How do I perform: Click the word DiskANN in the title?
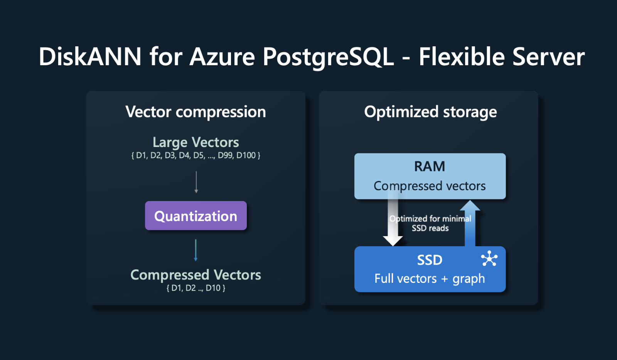[x=90, y=57]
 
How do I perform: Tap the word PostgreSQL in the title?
[x=328, y=57]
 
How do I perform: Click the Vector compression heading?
[x=196, y=112]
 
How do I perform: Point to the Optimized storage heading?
[x=430, y=112]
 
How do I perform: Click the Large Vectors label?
[x=196, y=142]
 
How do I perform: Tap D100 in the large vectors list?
[x=246, y=155]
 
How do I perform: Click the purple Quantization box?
[x=196, y=216]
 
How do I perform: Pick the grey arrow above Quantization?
[x=196, y=182]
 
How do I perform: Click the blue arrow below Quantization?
[x=196, y=250]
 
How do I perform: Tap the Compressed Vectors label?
[x=196, y=275]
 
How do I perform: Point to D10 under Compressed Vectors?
[x=213, y=288]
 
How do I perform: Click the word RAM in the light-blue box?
[x=430, y=166]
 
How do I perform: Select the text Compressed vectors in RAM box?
[x=430, y=186]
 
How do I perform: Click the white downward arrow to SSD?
[x=393, y=224]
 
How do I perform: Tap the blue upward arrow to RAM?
[x=470, y=224]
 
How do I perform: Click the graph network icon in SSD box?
[x=489, y=259]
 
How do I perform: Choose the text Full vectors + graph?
[x=430, y=279]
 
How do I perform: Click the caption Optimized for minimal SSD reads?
[x=430, y=223]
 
